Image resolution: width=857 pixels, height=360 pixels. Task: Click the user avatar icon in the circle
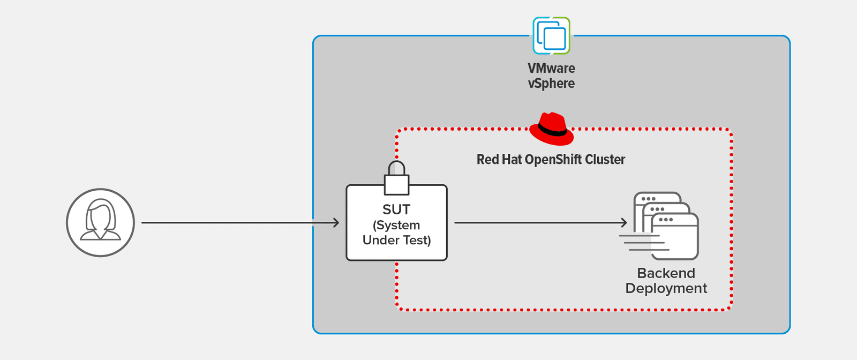click(x=100, y=222)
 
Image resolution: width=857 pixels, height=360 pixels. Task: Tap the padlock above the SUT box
click(x=396, y=179)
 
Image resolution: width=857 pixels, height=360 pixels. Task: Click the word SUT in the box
click(x=396, y=209)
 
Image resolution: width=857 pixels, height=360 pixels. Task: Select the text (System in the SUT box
click(x=396, y=225)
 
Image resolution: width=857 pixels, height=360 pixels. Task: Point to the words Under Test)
click(x=396, y=240)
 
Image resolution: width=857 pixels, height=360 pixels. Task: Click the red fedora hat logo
click(x=551, y=130)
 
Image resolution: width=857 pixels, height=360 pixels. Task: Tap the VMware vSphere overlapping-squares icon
click(x=551, y=36)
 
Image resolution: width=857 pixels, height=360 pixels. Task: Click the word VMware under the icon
click(x=551, y=69)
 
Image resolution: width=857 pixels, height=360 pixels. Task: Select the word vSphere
click(x=551, y=84)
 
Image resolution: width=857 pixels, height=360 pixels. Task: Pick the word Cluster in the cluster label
click(x=605, y=160)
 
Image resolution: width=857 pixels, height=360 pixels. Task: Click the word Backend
click(x=666, y=273)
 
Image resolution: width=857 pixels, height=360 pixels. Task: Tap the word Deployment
click(x=666, y=288)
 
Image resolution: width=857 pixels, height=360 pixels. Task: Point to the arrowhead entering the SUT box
click(x=336, y=222)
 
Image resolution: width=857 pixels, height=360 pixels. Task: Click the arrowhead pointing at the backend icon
click(x=624, y=222)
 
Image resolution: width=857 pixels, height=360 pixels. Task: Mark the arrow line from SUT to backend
click(x=536, y=222)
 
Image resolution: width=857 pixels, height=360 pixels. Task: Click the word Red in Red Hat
click(x=487, y=160)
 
